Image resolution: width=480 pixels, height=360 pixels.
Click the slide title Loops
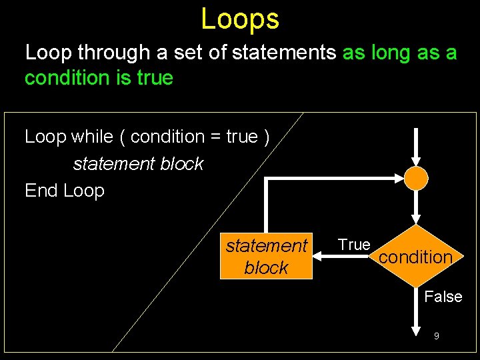(240, 19)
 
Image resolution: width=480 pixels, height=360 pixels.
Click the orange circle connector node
(416, 178)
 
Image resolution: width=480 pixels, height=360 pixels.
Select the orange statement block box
(266, 257)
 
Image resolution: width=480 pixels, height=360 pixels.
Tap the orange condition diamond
(415, 257)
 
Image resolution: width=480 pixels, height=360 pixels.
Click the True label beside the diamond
(354, 245)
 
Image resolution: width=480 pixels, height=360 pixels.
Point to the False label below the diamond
(443, 297)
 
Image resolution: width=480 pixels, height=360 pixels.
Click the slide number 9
(436, 336)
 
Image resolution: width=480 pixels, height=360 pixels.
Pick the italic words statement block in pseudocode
(138, 164)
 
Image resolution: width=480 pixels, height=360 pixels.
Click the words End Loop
(65, 191)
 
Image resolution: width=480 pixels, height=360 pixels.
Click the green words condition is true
(99, 78)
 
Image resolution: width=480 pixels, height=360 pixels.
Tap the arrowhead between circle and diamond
(416, 217)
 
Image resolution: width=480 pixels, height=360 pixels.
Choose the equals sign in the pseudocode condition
(215, 137)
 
